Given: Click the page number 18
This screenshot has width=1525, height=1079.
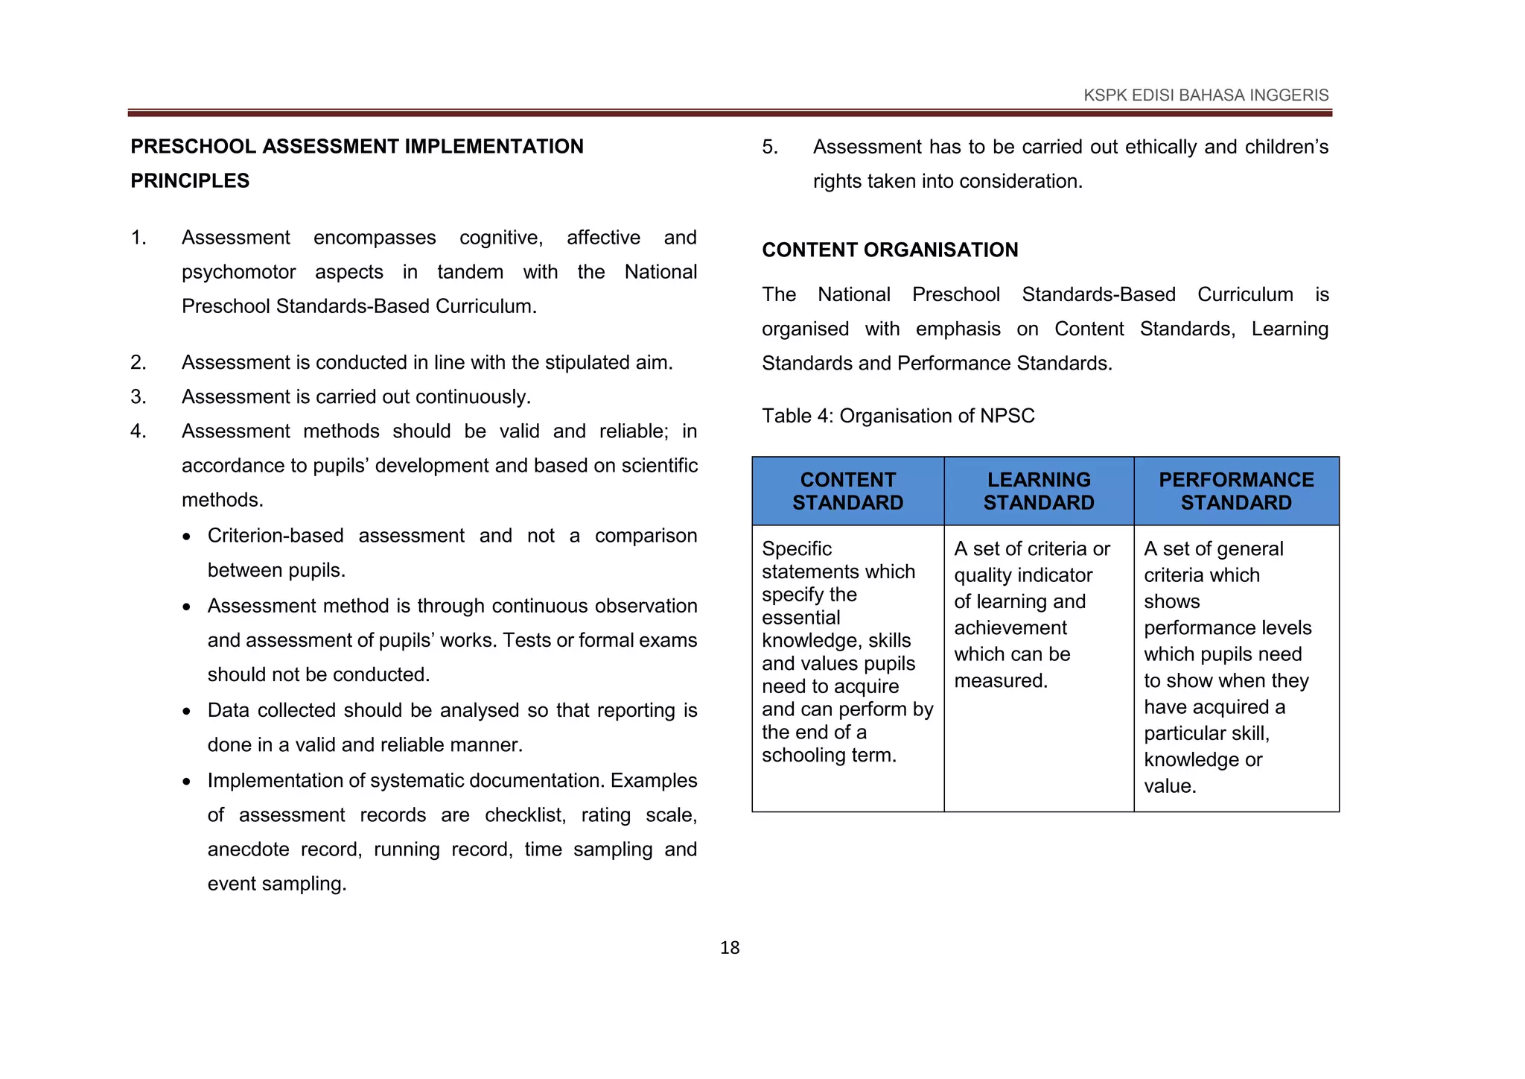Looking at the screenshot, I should pyautogui.click(x=729, y=948).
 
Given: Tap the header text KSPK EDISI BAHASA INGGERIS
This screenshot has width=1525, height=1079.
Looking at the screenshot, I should pyautogui.click(x=1206, y=95).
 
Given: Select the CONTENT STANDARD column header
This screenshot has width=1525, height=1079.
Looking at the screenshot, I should pyautogui.click(x=847, y=491).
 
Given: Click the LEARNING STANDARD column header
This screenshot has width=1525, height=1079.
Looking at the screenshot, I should pyautogui.click(x=1039, y=491).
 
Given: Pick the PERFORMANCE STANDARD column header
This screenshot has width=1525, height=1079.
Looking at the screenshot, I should pyautogui.click(x=1236, y=491).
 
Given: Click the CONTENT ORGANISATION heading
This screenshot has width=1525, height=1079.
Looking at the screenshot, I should pyautogui.click(x=890, y=250).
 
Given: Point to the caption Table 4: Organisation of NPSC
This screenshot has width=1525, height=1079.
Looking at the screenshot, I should pyautogui.click(x=898, y=416).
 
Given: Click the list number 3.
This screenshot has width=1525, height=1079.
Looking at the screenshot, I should pyautogui.click(x=139, y=397).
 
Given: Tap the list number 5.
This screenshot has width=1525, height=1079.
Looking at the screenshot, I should pyautogui.click(x=770, y=147).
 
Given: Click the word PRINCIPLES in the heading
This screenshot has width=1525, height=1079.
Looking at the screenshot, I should pyautogui.click(x=190, y=181).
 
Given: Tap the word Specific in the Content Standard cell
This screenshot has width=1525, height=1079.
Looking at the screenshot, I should pyautogui.click(x=796, y=549).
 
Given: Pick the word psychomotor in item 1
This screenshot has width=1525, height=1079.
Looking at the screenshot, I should pyautogui.click(x=238, y=272).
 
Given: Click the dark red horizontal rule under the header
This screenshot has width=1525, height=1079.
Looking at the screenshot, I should pyautogui.click(x=729, y=113).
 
